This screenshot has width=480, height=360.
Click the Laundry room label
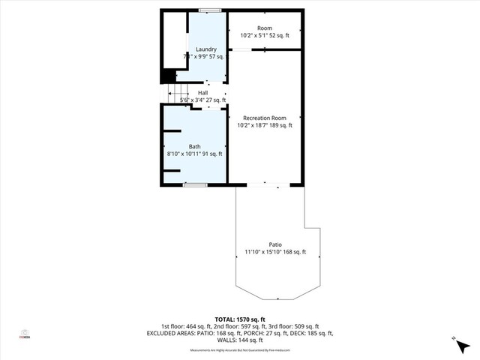(205, 49)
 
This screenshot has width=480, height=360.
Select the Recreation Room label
(265, 118)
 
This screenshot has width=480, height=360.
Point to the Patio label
(275, 244)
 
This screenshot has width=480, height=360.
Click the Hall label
(202, 92)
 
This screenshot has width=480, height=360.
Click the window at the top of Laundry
(210, 10)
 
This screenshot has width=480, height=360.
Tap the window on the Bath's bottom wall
(195, 184)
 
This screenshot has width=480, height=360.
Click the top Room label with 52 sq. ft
(265, 28)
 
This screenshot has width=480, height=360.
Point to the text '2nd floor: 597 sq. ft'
(239, 326)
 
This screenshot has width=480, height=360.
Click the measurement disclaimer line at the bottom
(240, 349)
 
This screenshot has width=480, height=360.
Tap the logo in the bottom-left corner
(24, 334)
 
